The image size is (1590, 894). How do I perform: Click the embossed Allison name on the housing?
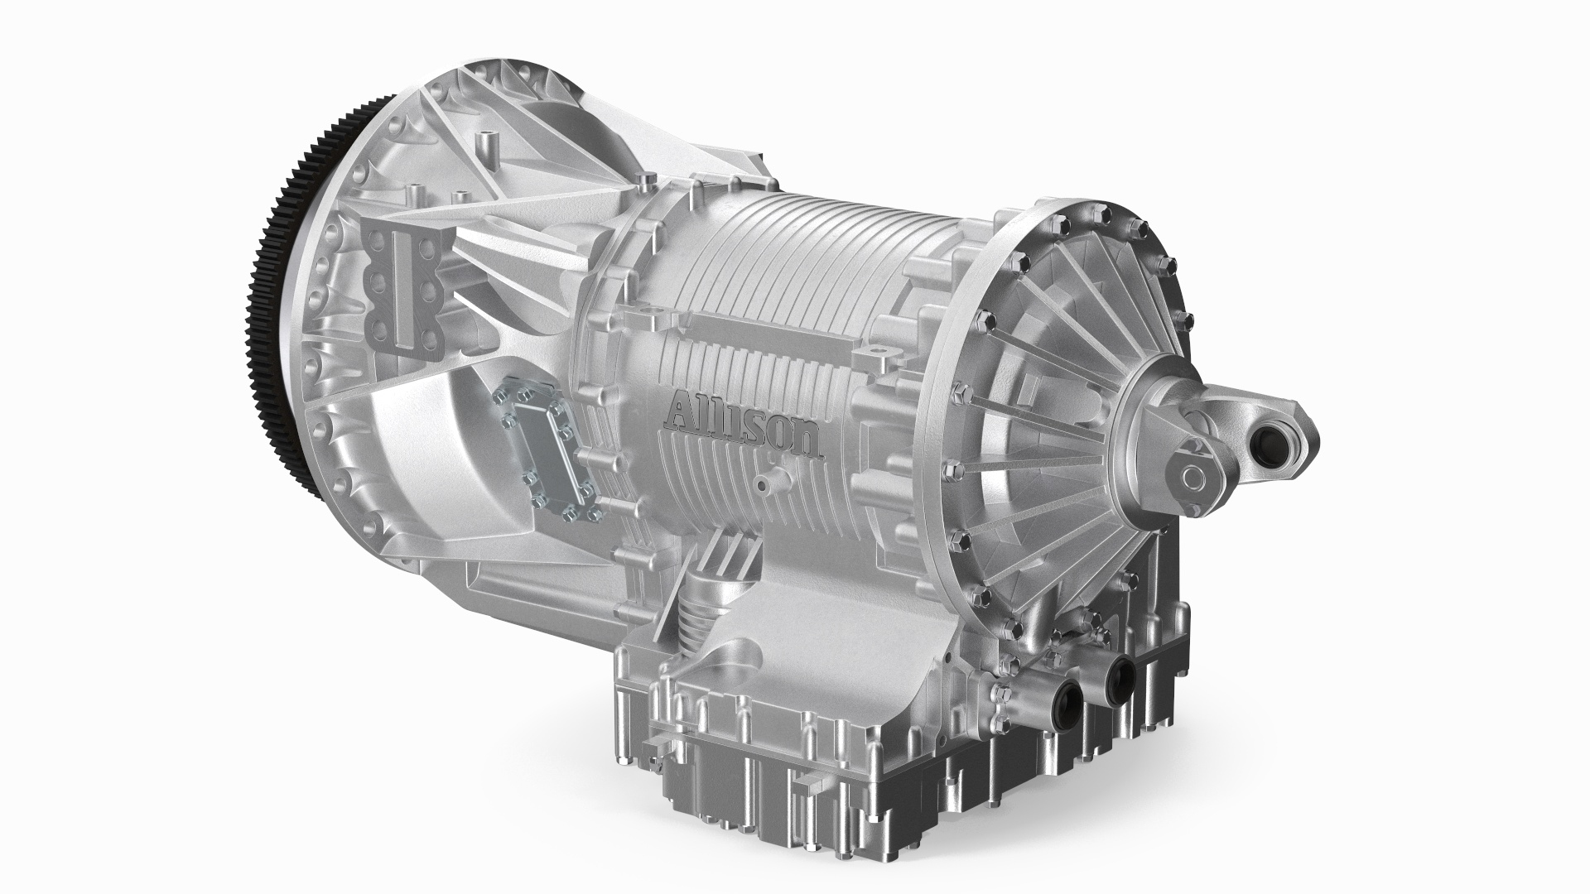point(745,426)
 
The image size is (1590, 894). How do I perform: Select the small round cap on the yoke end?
point(1193,478)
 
